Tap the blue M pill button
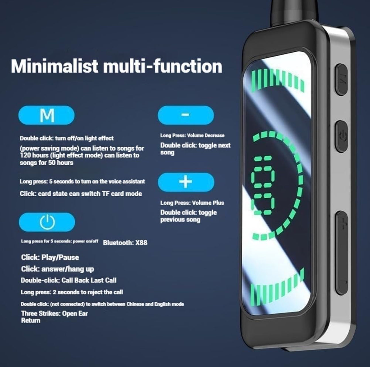point(46,115)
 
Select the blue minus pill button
point(186,115)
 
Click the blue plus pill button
point(186,182)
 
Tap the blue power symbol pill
point(47,222)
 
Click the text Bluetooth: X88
point(125,243)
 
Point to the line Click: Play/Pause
point(50,258)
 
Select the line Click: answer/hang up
point(57,269)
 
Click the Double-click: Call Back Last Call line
point(69,280)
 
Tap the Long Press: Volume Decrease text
point(192,135)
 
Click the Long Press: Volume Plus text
point(192,203)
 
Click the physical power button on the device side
point(342,137)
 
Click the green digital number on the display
point(263,186)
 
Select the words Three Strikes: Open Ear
point(54,314)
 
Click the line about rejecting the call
point(72,292)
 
